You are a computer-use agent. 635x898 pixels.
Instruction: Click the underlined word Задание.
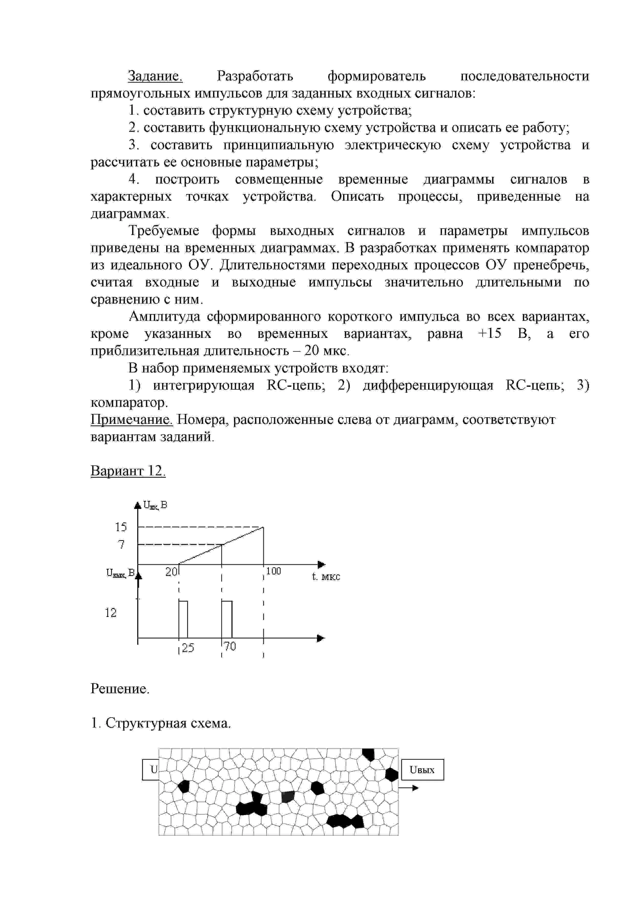155,76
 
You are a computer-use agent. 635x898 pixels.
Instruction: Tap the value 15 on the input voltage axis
121,527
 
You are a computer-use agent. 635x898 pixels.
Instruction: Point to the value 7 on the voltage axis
122,544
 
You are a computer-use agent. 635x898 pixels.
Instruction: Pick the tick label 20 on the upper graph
171,572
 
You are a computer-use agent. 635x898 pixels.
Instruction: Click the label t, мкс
326,577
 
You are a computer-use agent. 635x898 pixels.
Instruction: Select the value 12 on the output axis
111,613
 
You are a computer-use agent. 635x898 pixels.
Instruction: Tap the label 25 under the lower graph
188,648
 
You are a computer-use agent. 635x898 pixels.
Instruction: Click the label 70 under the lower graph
230,647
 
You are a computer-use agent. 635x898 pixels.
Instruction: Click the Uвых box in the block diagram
422,770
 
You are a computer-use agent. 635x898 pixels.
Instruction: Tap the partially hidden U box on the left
151,770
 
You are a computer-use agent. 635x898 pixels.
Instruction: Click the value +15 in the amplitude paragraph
489,334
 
